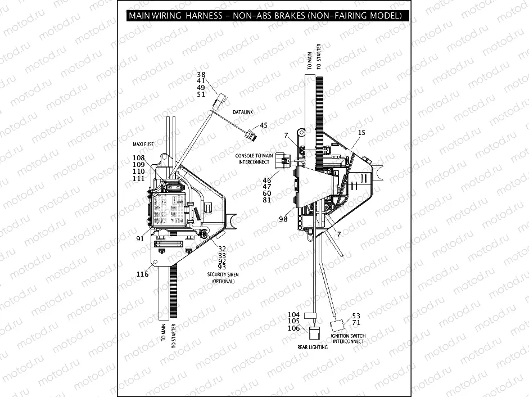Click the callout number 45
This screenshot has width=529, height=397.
[x=263, y=125]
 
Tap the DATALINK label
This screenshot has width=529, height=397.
[x=243, y=112]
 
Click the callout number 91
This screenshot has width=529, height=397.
[x=140, y=238]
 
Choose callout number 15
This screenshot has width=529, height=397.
[x=361, y=133]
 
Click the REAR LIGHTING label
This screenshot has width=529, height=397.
[x=313, y=347]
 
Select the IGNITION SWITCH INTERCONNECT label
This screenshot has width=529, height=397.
[x=348, y=339]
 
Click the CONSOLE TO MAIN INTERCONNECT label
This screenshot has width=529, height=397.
[x=255, y=159]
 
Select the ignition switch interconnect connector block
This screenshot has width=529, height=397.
[x=337, y=325]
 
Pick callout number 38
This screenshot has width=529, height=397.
[x=201, y=74]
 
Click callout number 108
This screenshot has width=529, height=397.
[x=138, y=158]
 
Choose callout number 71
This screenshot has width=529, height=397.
[x=356, y=323]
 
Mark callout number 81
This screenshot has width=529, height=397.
[x=267, y=200]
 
